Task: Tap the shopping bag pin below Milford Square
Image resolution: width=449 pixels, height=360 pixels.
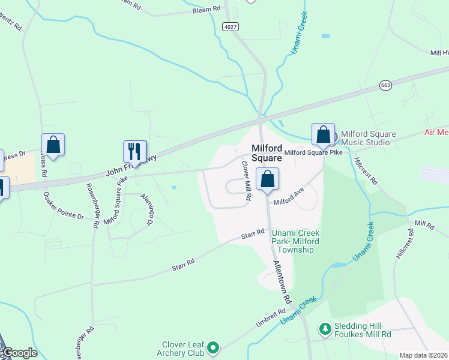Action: (267, 179)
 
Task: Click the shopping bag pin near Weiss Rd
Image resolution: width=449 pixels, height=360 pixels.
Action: (53, 145)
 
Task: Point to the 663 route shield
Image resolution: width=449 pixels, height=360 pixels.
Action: (386, 86)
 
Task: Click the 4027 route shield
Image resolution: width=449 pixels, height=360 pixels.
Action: (230, 27)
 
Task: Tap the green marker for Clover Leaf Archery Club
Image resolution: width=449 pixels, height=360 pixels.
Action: (213, 347)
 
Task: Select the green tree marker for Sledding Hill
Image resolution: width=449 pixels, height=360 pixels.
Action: (325, 328)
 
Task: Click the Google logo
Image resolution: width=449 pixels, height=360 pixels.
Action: (19, 353)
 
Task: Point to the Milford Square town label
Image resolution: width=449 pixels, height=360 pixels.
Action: (267, 152)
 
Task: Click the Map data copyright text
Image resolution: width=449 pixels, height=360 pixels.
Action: (423, 355)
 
